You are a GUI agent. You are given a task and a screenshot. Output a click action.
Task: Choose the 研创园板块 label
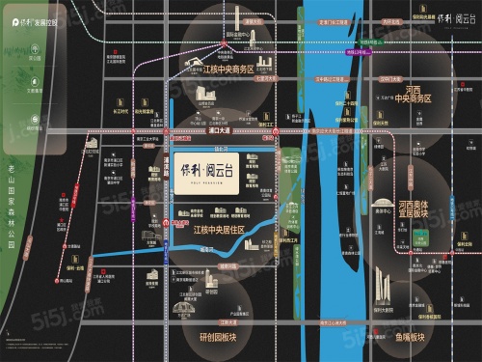click(209, 326)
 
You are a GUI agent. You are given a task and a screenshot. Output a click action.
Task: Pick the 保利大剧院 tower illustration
click(382, 285)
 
